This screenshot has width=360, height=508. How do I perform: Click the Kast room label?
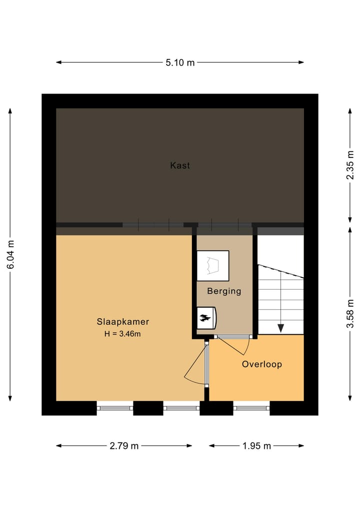click(180, 165)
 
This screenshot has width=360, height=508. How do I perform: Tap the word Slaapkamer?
click(123, 322)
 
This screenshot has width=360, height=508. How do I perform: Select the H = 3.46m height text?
click(123, 334)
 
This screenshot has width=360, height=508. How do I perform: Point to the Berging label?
click(224, 291)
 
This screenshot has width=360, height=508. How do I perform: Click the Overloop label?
click(261, 364)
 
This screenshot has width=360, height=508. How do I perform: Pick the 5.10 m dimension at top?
click(180, 62)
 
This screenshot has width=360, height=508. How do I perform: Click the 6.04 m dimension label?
click(10, 254)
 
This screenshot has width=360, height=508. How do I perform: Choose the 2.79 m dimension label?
click(124, 446)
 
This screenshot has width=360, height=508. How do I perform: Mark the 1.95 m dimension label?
click(256, 446)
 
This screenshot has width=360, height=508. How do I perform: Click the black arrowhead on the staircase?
click(281, 328)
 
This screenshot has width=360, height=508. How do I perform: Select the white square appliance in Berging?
click(213, 265)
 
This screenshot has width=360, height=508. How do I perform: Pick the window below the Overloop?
click(252, 408)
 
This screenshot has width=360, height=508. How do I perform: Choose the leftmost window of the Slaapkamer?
click(115, 408)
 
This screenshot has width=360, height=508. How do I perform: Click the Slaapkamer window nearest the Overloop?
click(182, 408)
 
